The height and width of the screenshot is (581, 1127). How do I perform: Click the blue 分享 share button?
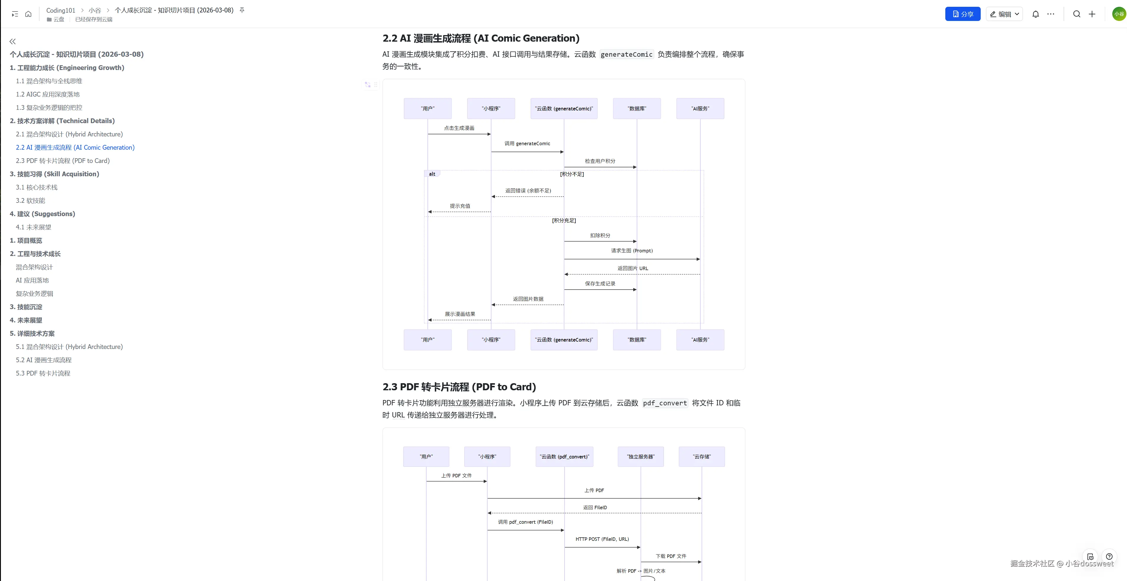[x=962, y=14]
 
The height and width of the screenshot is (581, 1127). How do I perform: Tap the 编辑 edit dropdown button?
[x=1004, y=14]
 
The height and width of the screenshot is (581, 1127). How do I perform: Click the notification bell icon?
[x=1036, y=14]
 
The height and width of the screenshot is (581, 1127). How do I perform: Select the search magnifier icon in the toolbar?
[x=1077, y=14]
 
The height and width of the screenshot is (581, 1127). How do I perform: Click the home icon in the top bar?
[x=28, y=14]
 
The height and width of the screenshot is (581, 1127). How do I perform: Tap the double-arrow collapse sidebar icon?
[x=13, y=42]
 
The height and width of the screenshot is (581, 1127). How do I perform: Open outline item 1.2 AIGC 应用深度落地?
[x=48, y=94]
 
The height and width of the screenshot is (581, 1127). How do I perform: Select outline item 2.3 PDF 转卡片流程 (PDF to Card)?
[x=63, y=161]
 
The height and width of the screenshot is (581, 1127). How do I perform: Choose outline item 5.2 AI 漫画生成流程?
[x=43, y=360]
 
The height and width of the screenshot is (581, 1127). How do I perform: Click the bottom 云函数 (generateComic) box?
[x=564, y=340]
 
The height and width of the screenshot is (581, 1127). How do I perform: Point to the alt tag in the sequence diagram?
[x=432, y=174]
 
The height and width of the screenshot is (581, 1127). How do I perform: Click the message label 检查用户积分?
[x=600, y=161]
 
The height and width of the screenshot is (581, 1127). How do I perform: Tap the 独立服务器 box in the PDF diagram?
[x=641, y=457]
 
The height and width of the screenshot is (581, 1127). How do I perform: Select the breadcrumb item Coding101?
[x=61, y=10]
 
